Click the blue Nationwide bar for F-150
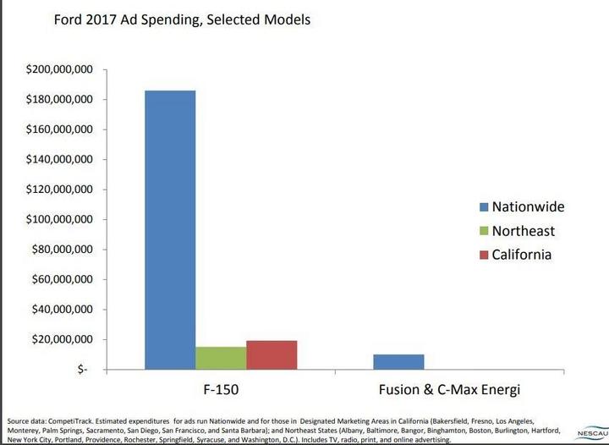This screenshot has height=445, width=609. click(x=170, y=229)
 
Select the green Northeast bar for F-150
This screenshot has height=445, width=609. click(x=221, y=358)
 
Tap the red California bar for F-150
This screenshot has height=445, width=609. click(x=272, y=354)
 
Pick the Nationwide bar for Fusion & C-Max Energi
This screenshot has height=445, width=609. click(x=398, y=361)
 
